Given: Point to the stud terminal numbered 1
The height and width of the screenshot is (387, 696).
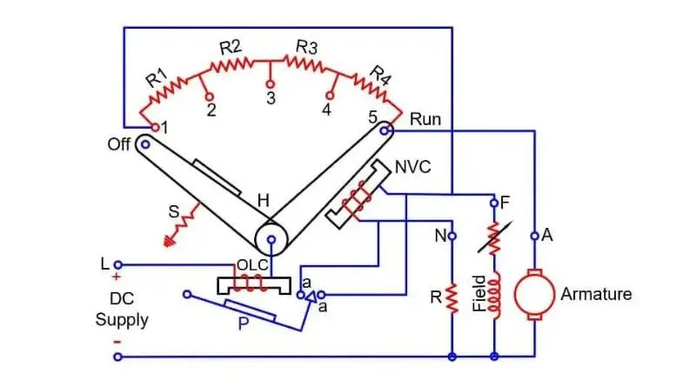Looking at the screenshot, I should click(155, 127).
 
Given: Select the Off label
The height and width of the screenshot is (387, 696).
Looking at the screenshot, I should click(119, 144).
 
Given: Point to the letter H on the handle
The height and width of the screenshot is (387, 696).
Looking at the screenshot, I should click(262, 201).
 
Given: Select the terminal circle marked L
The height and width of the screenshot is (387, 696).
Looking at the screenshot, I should click(119, 264).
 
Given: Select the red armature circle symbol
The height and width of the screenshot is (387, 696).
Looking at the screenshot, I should click(533, 295).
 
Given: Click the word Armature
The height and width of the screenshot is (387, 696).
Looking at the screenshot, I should click(596, 294).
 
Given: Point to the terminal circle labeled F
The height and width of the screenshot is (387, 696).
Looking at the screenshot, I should click(493, 202).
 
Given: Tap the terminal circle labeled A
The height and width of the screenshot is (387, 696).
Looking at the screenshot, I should click(534, 235).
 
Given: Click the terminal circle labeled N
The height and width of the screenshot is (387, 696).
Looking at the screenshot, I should click(452, 235).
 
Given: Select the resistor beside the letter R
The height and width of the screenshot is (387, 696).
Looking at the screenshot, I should click(452, 297).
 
